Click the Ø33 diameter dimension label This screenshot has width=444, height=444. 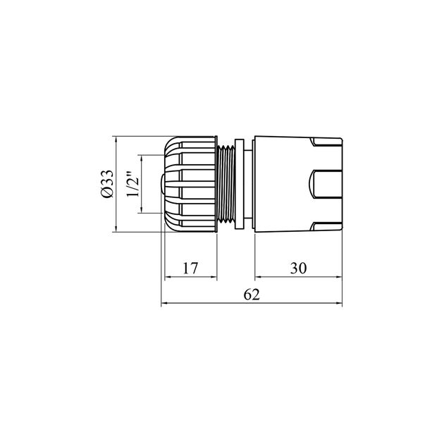click(107, 185)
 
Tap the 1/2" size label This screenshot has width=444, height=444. click(131, 185)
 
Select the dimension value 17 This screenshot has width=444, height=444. click(190, 269)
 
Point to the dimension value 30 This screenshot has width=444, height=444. click(297, 269)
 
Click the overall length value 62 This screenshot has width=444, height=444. click(252, 295)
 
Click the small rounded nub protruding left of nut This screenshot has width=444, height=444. click(162, 185)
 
